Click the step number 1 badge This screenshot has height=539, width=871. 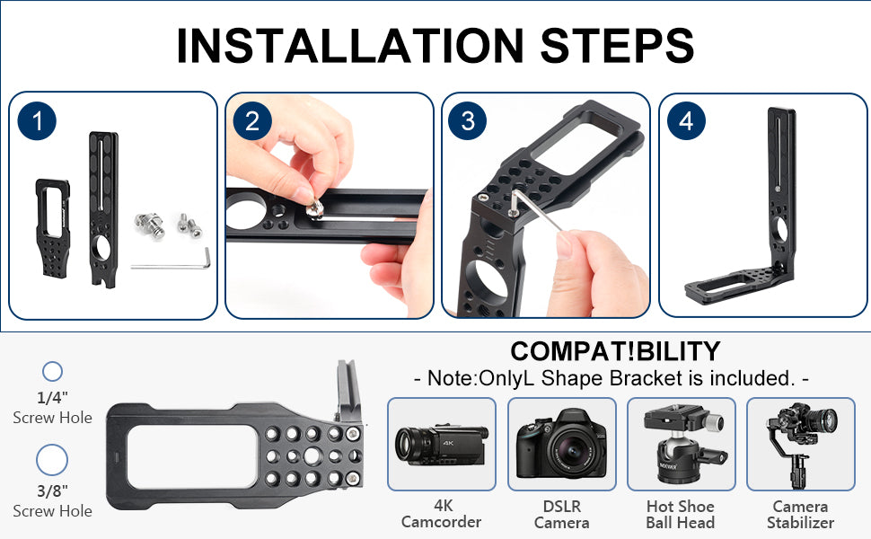(37, 121)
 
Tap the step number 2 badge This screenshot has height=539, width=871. (252, 121)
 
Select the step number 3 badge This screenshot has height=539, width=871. (468, 121)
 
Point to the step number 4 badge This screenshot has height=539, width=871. (686, 121)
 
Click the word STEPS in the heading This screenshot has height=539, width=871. (617, 45)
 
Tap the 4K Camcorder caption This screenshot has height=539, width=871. (442, 514)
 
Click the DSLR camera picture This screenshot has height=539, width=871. (561, 444)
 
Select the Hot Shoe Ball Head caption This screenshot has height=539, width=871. (681, 514)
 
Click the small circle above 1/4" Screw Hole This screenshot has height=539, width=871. (53, 372)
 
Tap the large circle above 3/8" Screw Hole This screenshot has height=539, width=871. (52, 460)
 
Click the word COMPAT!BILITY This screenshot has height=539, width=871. (615, 351)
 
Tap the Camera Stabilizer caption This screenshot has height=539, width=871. (800, 514)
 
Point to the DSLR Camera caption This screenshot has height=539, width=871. (561, 514)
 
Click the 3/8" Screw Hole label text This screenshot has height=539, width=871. (52, 500)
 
